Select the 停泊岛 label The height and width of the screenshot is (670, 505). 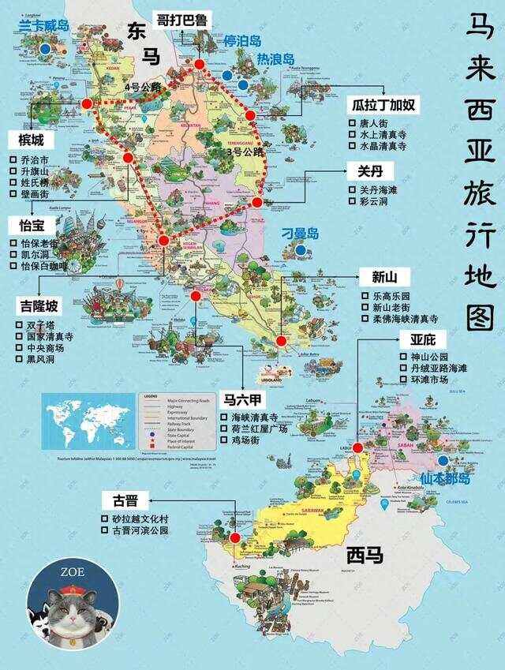(242, 40)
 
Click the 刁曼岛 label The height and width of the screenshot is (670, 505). (301, 234)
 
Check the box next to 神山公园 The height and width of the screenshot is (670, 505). (403, 357)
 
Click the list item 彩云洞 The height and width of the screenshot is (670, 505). (353, 201)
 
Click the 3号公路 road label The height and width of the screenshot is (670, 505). (244, 152)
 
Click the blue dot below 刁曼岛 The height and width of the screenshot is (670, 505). (301, 250)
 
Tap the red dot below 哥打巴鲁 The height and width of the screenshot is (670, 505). (200, 65)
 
